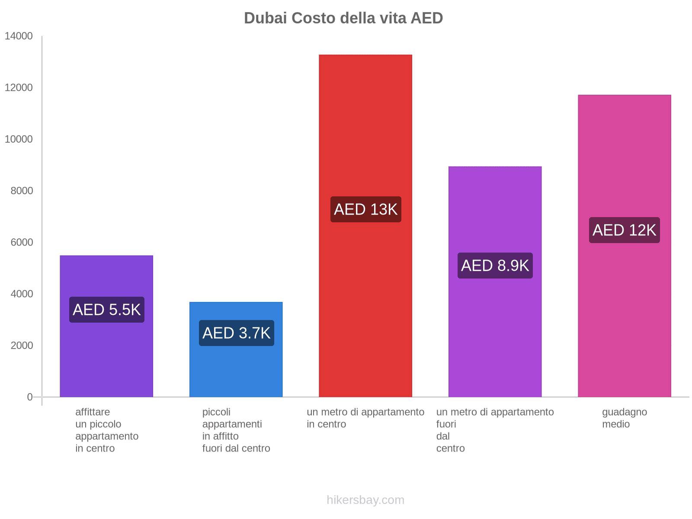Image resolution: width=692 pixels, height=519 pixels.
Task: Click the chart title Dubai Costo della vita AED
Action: click(x=343, y=18)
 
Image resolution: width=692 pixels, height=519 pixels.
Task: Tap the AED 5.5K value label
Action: click(x=107, y=310)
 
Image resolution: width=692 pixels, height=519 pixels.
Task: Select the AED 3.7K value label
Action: click(x=236, y=333)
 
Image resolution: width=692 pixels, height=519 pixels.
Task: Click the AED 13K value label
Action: click(x=365, y=209)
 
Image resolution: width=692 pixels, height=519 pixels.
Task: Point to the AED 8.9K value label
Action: click(x=495, y=266)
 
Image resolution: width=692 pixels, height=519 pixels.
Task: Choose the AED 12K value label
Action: click(x=624, y=230)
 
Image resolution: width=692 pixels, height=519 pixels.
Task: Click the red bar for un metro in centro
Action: click(x=365, y=130)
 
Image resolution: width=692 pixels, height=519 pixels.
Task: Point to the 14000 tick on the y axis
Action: click(x=19, y=36)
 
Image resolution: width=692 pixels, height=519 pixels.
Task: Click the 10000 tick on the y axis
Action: click(x=19, y=139)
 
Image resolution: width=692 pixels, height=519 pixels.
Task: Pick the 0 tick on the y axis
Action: click(x=30, y=397)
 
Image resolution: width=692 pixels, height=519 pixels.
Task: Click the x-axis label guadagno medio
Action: click(x=624, y=418)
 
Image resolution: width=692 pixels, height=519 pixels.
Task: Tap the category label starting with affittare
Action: click(x=106, y=430)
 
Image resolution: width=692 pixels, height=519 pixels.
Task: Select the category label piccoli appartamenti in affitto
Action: click(x=236, y=430)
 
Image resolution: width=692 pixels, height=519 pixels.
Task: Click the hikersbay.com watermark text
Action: click(x=365, y=500)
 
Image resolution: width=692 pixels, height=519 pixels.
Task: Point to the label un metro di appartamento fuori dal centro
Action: click(x=495, y=430)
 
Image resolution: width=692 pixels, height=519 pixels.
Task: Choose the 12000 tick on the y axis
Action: click(x=19, y=88)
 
